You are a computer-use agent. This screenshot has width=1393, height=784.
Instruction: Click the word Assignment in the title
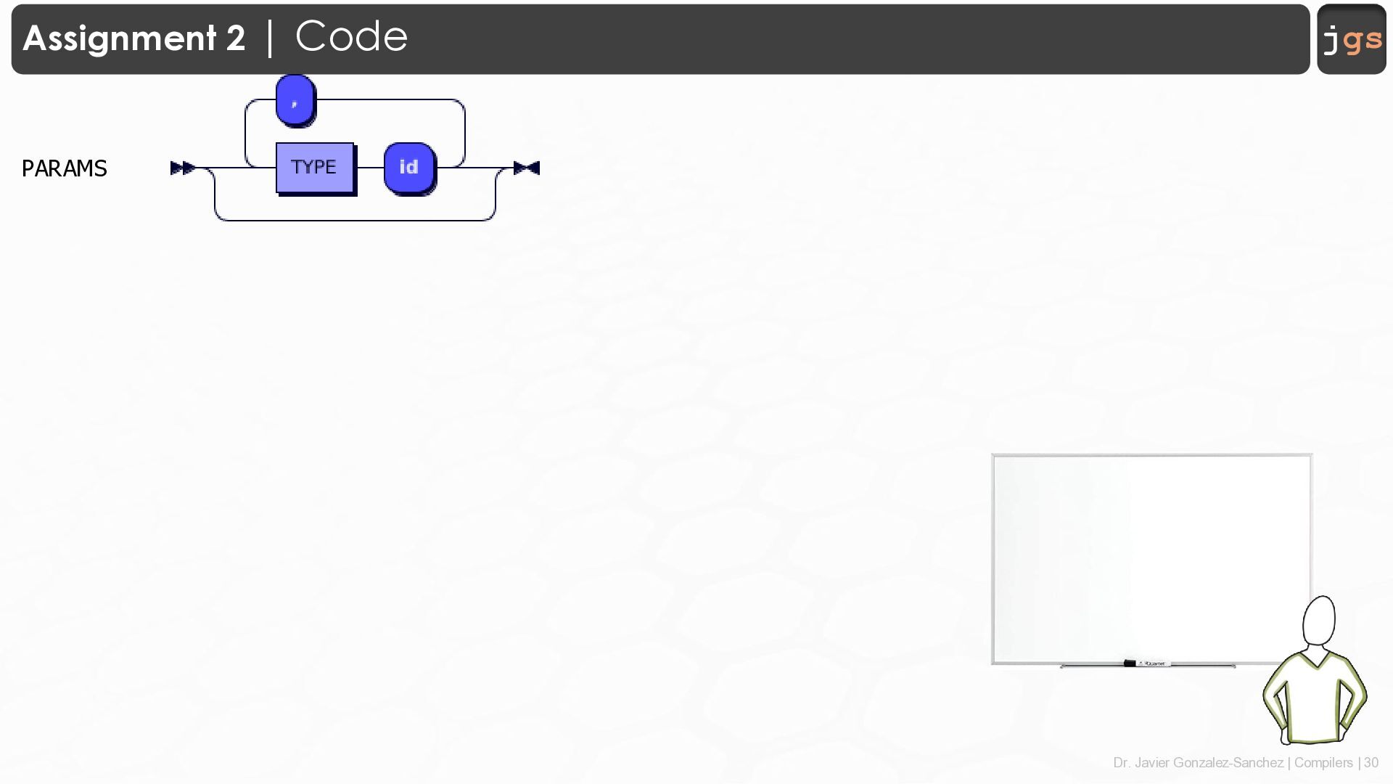[119, 38]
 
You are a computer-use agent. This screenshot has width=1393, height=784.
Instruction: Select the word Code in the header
[351, 36]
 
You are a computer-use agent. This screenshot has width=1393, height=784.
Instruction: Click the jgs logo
[1352, 39]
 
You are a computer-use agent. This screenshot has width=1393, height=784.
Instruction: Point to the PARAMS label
[65, 168]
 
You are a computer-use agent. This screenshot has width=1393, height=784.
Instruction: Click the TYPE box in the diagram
[314, 168]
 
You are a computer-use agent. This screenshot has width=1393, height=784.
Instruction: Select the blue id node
[409, 168]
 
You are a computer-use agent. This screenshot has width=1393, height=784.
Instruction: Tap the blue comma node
[295, 100]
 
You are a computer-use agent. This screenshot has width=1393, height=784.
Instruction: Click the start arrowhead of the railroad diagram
[182, 168]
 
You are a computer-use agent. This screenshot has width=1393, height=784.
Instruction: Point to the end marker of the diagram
[527, 168]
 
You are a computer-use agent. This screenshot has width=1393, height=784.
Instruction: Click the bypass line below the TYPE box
[355, 219]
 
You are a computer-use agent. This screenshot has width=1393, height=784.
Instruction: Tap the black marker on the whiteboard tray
[1130, 663]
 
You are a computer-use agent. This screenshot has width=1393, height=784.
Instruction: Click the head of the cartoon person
[1319, 621]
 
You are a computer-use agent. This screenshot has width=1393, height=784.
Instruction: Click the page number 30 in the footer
[1371, 763]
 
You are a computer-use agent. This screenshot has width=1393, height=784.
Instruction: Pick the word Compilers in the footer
[1323, 763]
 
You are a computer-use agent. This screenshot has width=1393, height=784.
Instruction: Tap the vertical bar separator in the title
[270, 38]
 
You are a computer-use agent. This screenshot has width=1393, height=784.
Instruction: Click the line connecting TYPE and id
[369, 168]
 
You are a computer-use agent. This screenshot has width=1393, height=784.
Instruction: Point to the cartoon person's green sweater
[1314, 697]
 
